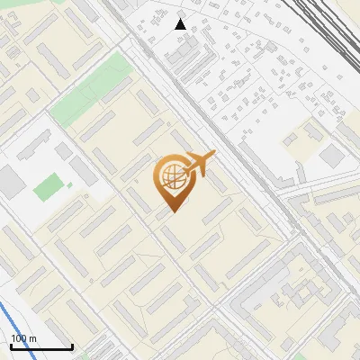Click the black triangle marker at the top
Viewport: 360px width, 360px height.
[x=181, y=24]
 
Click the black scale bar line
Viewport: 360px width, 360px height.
[x=41, y=346]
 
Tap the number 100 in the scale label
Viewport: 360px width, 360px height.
[x=18, y=338]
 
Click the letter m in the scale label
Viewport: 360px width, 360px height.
[x=32, y=338]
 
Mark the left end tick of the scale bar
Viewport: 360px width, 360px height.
[x=11, y=345]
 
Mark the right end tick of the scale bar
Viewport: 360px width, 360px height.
[x=72, y=345]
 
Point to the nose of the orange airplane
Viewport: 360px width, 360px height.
[x=215, y=155]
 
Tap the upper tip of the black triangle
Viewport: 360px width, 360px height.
[x=181, y=19]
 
